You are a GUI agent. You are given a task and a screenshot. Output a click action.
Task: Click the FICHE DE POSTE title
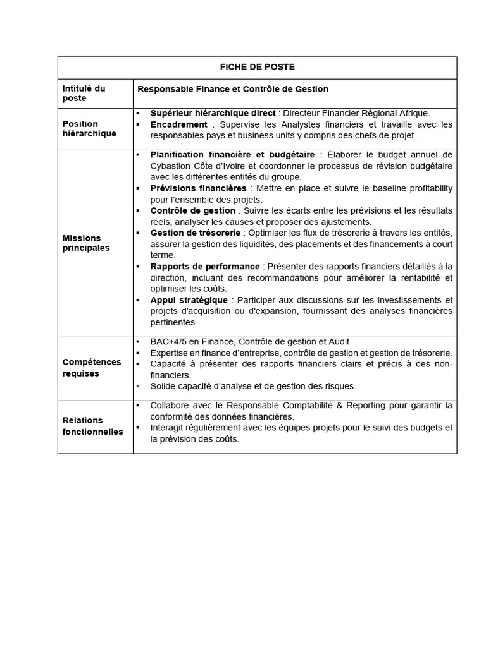click(x=257, y=67)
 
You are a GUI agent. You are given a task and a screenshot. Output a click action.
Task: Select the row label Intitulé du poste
click(x=84, y=94)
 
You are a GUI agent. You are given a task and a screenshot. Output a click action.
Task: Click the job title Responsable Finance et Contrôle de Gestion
click(x=233, y=89)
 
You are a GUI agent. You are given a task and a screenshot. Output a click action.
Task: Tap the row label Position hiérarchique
click(x=89, y=129)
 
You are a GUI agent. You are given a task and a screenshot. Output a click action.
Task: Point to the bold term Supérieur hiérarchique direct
click(x=213, y=113)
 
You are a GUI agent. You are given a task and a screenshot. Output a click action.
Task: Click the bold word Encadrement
click(x=178, y=124)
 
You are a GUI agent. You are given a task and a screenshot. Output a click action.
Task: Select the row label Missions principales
click(x=86, y=243)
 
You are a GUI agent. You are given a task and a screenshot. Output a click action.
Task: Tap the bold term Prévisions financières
click(x=198, y=188)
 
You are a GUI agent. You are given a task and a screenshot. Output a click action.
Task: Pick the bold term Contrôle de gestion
click(x=192, y=210)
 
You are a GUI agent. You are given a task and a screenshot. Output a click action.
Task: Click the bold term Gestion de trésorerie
click(x=196, y=233)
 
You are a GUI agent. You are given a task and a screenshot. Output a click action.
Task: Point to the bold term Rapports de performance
click(x=204, y=267)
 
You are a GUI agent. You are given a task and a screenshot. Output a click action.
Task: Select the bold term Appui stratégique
click(x=190, y=299)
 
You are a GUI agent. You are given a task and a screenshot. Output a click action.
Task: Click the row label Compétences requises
click(x=91, y=368)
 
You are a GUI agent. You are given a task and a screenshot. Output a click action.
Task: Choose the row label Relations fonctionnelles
click(x=92, y=426)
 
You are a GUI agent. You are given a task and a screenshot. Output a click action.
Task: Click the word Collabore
click(x=171, y=406)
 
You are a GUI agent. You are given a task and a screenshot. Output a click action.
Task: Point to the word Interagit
click(x=169, y=428)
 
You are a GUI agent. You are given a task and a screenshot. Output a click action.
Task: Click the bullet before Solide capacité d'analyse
click(x=137, y=386)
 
